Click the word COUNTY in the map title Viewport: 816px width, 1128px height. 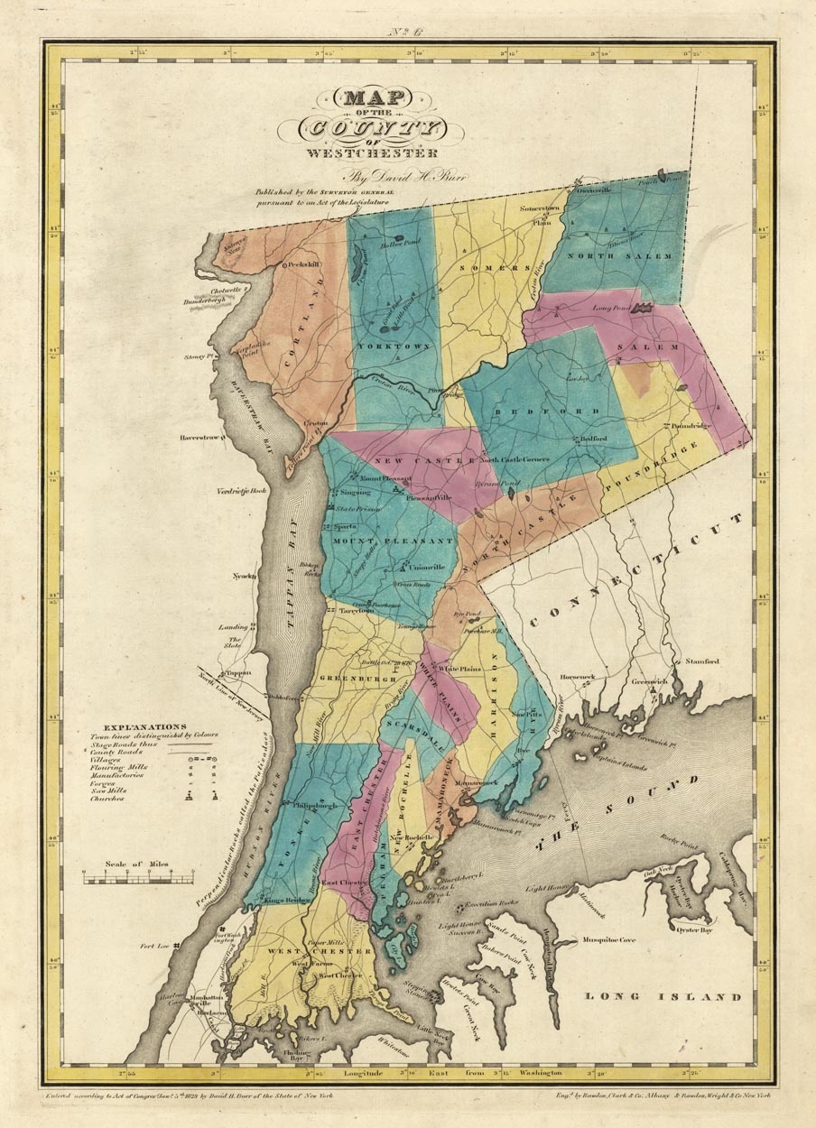point(373,126)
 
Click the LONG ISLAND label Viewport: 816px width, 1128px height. point(663,996)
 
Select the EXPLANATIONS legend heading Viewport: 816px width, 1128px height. point(145,726)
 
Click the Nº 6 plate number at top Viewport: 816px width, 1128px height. point(407,34)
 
